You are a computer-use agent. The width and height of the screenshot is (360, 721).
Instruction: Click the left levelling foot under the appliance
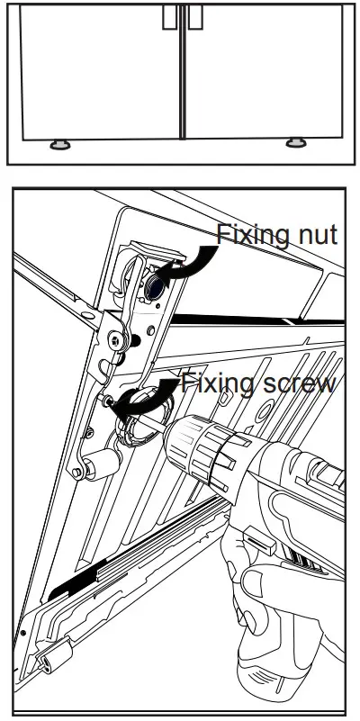point(60,144)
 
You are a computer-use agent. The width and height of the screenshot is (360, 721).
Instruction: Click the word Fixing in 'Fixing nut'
point(245,236)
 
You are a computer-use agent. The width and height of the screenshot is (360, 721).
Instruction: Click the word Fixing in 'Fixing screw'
point(213,384)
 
